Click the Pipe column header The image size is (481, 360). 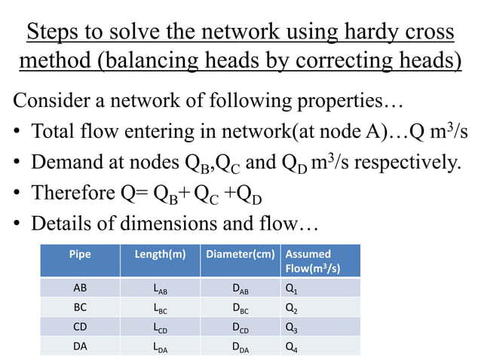point(79,254)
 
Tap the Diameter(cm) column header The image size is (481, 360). point(239,254)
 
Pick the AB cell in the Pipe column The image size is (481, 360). point(79,288)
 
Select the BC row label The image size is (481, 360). point(79,307)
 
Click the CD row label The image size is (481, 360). point(79,327)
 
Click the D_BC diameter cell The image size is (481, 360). point(240,308)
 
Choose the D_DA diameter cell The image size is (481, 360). point(240,346)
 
